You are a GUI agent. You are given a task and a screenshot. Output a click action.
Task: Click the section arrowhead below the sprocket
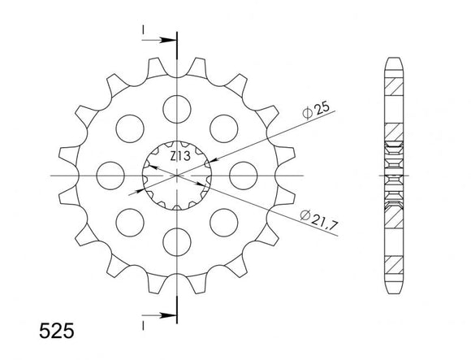166,313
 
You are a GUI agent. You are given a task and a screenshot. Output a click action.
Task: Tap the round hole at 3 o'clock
244,175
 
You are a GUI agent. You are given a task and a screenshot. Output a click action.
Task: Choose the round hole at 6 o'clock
176,241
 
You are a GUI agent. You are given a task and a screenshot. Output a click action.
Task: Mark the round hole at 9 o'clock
109,175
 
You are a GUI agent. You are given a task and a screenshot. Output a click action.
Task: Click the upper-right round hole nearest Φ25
223,127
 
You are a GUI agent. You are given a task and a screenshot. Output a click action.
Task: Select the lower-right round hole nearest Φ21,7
223,222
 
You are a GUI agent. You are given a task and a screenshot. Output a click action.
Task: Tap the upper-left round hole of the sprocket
129,127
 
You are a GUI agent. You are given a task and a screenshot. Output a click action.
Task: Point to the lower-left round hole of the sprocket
129,222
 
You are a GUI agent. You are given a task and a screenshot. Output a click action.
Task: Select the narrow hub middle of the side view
394,175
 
